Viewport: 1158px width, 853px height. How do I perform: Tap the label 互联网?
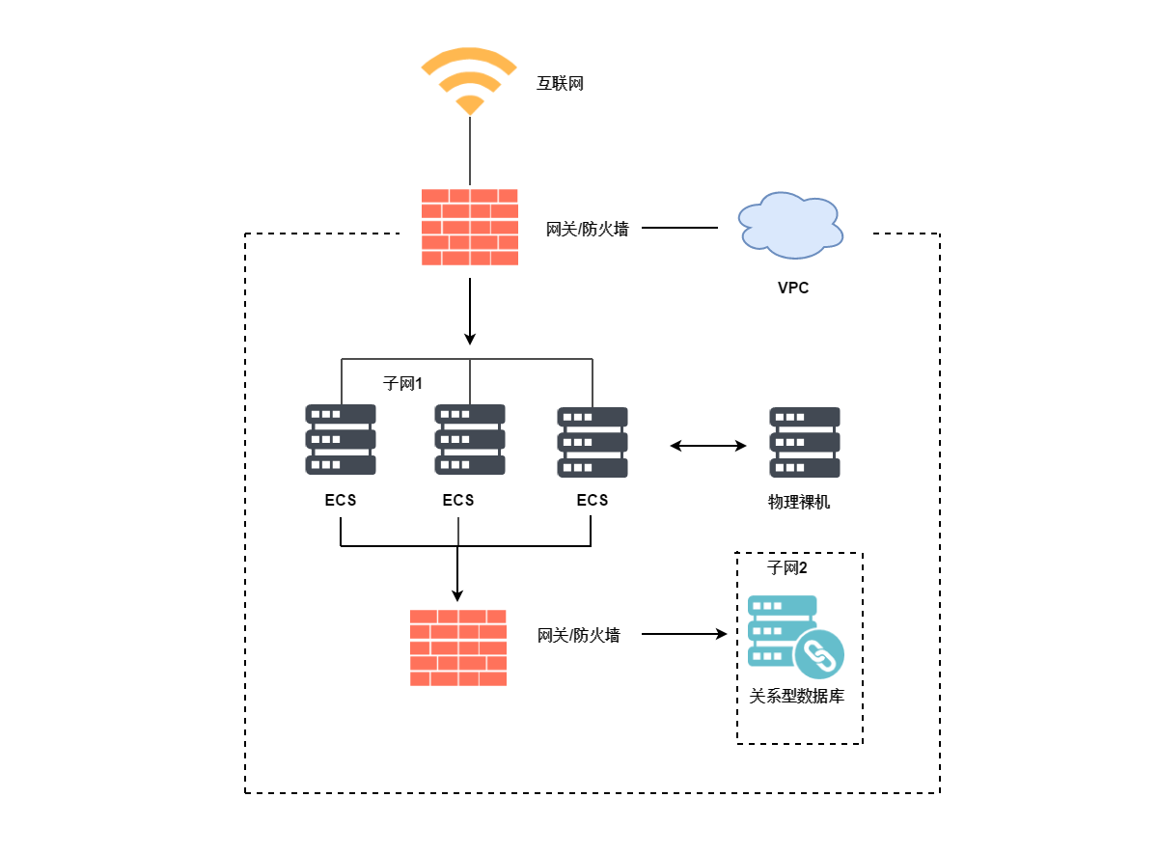(x=561, y=84)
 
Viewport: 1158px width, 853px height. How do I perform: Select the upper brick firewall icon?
(x=470, y=227)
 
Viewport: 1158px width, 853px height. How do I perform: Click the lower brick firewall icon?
(x=458, y=647)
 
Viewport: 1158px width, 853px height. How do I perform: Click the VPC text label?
(x=793, y=288)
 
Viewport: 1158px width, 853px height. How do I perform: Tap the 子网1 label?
(x=403, y=384)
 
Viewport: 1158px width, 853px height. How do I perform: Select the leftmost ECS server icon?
(x=341, y=440)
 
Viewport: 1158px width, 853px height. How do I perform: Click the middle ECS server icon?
(x=470, y=440)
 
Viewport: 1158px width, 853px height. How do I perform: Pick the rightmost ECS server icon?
(x=593, y=442)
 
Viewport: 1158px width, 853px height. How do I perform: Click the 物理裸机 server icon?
(x=805, y=442)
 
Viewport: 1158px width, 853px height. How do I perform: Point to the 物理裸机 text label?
(x=799, y=502)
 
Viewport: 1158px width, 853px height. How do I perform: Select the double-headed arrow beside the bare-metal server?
(x=708, y=446)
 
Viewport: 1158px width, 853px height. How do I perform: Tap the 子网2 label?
(x=787, y=567)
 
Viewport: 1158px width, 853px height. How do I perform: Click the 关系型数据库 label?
(x=797, y=696)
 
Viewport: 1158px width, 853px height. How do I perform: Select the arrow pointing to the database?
(x=683, y=634)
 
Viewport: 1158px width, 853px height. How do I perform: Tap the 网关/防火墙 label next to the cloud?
(x=588, y=229)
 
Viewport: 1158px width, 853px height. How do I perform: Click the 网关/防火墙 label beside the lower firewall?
(x=579, y=635)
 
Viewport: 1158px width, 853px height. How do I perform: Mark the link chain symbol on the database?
(x=819, y=654)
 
